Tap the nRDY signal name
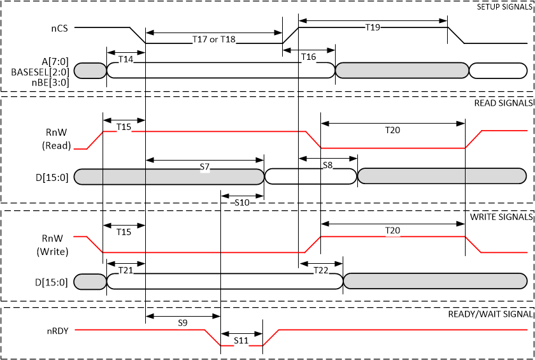tap(57, 330)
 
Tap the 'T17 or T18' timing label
tap(214, 40)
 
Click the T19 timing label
tap(373, 27)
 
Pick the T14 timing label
tap(126, 59)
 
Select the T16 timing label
tap(308, 57)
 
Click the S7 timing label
tap(204, 166)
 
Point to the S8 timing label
tap(327, 164)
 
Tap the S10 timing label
tap(242, 202)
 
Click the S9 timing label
tap(182, 323)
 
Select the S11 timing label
tap(241, 340)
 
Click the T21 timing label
tap(126, 270)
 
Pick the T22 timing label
tap(321, 270)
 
